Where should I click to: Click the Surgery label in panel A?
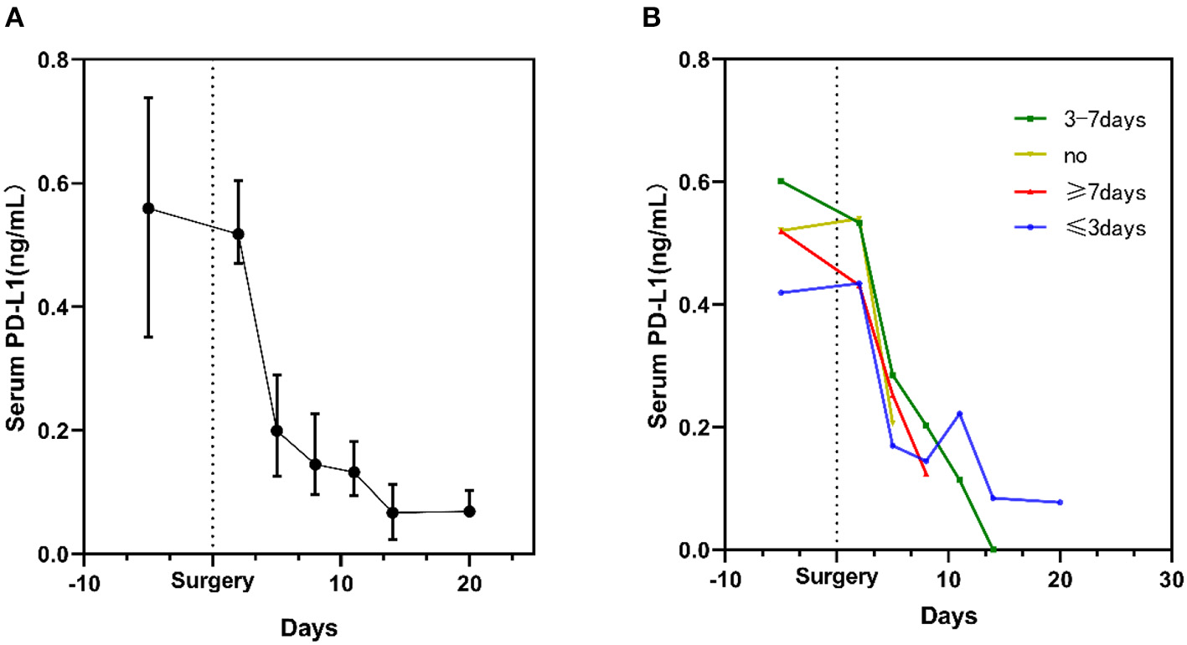point(212,581)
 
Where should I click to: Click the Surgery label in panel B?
point(837,577)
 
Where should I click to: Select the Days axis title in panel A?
point(309,627)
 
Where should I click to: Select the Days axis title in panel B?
point(948,618)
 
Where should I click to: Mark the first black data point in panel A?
point(148,209)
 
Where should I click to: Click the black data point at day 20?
point(470,511)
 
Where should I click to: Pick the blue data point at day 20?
point(1060,502)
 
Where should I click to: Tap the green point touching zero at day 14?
point(993,550)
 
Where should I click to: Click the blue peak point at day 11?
point(959,414)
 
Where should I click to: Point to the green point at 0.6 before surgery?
point(781,181)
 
